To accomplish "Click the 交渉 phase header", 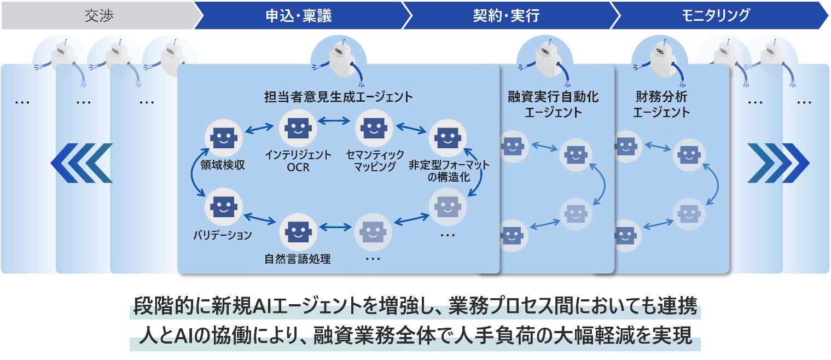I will (98, 16).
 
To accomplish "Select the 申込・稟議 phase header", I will (298, 16).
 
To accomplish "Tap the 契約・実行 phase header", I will (506, 16).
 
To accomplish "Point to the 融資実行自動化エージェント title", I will (553, 104).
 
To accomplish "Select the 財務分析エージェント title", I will (661, 104).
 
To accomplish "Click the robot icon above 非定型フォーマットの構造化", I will (448, 139).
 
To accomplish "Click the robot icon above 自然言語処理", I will (298, 230).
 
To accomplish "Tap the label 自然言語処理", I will (297, 259).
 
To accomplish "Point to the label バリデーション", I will (222, 235).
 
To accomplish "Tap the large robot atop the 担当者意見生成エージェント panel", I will (338, 60).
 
